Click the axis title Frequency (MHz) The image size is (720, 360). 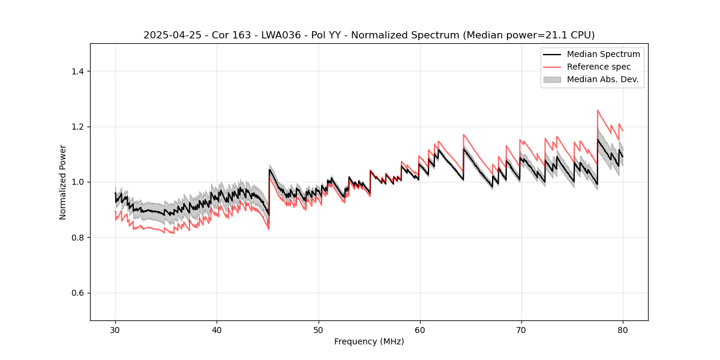coord(369,341)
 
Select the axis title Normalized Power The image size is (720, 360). coord(63,182)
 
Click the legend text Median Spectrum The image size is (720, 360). coord(603,54)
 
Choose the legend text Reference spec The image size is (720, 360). coord(599,67)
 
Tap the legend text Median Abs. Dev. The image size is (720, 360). coord(602,79)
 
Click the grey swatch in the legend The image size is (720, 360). coord(552,79)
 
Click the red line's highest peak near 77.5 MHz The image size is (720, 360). coord(598,110)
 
